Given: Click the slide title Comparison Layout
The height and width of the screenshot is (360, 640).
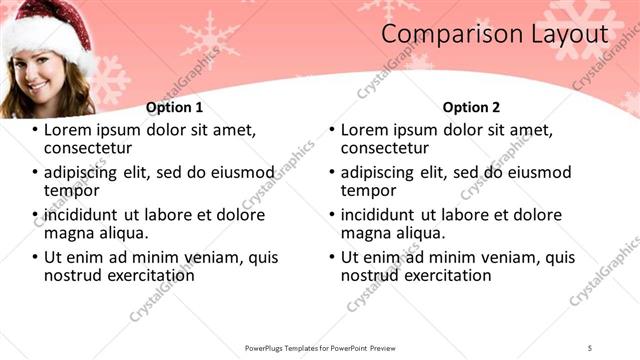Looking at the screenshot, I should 495,34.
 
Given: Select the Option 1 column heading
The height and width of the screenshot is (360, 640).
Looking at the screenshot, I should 174,107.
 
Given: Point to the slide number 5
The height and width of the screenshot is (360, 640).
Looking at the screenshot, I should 590,346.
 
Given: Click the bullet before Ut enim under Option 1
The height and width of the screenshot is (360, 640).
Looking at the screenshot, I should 35,257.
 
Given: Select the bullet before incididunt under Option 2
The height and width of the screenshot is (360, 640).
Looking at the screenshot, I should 331,215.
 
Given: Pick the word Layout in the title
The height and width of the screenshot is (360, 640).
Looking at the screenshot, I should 559,34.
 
